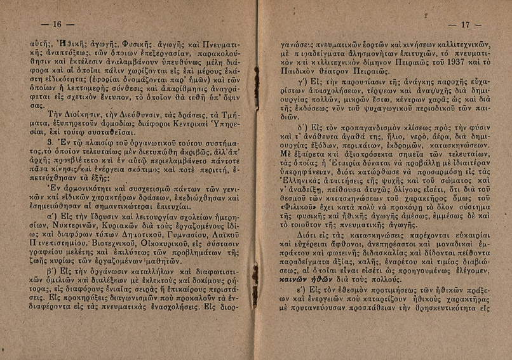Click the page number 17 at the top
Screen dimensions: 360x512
click(471, 25)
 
